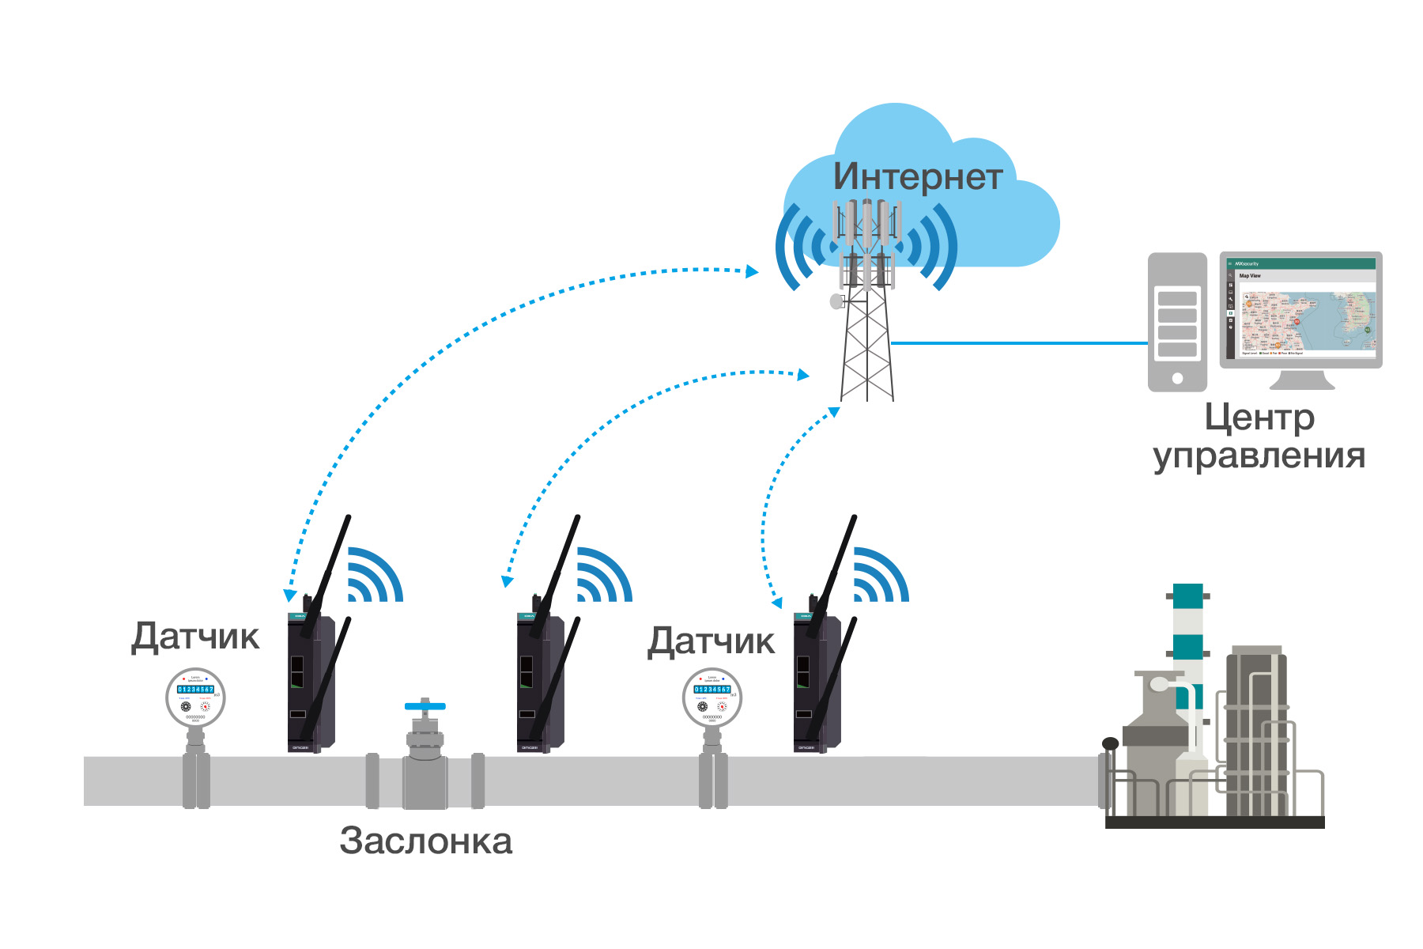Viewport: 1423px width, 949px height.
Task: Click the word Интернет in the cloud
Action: tap(917, 176)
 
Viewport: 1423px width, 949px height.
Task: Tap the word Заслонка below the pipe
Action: tap(426, 841)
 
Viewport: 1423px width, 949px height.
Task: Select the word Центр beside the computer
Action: tap(1259, 418)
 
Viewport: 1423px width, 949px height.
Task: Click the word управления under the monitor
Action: tap(1259, 456)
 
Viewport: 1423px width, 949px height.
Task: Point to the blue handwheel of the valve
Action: tap(425, 705)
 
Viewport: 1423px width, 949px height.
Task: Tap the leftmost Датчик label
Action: tap(195, 637)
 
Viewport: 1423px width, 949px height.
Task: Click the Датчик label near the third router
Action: tap(711, 641)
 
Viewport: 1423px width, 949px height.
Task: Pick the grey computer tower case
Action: tap(1177, 321)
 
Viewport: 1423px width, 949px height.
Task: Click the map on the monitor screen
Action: tap(1308, 321)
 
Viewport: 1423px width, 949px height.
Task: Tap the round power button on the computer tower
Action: tap(1177, 378)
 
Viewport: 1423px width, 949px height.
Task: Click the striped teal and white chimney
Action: tap(1187, 633)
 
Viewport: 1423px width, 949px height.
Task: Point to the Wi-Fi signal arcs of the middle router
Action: tap(602, 576)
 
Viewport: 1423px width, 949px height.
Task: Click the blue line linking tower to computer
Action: tap(1020, 343)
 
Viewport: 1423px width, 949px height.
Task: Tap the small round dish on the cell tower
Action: tap(836, 301)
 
